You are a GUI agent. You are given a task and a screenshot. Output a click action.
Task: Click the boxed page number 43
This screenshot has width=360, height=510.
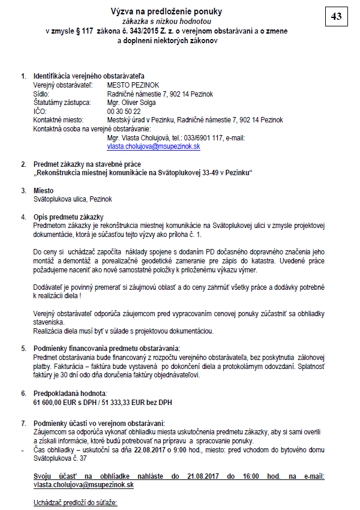tap(336, 16)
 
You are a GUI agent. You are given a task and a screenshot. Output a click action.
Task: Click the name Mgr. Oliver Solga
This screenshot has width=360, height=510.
tap(132, 103)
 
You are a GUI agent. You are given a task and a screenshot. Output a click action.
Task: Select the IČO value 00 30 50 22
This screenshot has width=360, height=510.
tap(124, 112)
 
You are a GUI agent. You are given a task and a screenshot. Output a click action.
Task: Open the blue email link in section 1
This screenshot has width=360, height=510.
tap(154, 146)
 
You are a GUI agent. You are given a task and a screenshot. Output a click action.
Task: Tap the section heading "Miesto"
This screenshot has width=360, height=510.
tap(43, 190)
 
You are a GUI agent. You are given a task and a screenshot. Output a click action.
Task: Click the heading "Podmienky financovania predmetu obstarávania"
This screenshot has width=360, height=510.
tap(107, 348)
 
